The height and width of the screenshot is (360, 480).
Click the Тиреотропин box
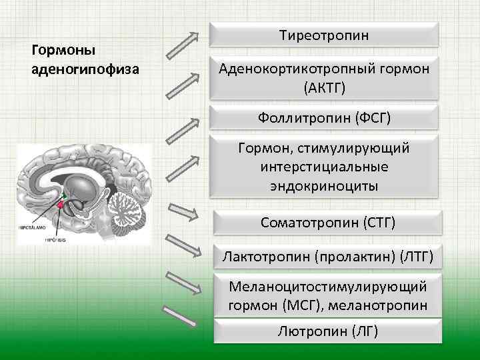pos(324,34)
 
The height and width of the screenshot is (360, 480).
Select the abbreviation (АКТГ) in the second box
pos(324,87)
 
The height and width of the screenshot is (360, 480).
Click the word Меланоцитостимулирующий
pos(327,287)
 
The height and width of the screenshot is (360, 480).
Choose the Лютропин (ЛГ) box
pos(327,331)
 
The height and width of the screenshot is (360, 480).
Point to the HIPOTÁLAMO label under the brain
pos(31,227)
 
